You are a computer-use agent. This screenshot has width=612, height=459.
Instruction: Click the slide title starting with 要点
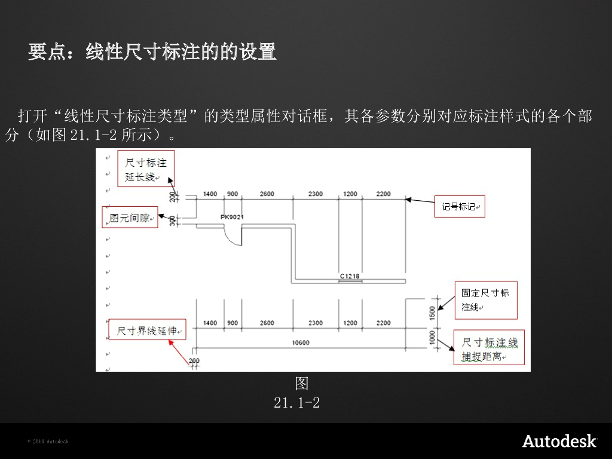coord(152,52)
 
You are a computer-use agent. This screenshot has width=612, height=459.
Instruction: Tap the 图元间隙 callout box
coord(130,218)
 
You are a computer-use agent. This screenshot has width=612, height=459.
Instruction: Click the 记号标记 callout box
coord(459,206)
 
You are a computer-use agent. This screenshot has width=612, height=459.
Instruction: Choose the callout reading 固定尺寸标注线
coord(485,300)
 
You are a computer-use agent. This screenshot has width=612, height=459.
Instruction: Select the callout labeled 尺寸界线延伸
coord(148,331)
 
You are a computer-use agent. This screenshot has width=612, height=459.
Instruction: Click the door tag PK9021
coord(232,217)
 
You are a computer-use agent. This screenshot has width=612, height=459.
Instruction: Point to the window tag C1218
coord(350,276)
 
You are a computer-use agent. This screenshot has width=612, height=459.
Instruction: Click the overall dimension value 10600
coord(301,343)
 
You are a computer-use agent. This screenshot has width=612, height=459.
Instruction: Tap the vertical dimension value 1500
coord(433,313)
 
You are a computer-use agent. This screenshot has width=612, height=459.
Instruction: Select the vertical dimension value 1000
coord(433,338)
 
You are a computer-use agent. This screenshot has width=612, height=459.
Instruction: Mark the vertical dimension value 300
coord(173,221)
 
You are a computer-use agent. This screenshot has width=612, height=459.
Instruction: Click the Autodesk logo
coord(559,441)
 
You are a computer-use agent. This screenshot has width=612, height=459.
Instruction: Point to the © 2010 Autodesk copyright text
coord(48,442)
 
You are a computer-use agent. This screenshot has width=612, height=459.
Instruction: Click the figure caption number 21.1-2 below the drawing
coord(296,403)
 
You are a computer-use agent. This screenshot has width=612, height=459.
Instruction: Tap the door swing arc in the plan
coord(232,237)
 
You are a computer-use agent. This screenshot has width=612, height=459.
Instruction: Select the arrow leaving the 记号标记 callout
coord(421,201)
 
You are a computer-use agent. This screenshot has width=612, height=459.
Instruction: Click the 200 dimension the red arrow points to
coord(194,362)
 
